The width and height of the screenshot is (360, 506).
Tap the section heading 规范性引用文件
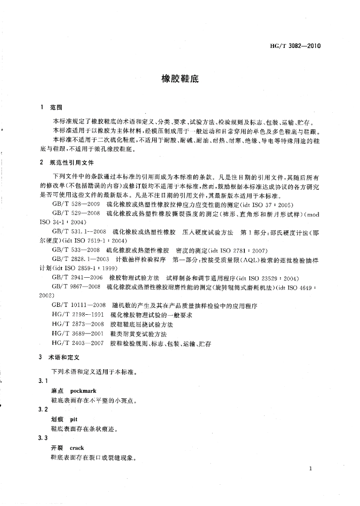(72, 163)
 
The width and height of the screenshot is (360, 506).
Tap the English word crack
(77, 448)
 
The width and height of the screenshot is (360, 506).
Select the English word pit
(75, 419)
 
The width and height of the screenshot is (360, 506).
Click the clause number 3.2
(43, 410)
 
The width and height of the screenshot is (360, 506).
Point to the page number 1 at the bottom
(310, 468)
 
